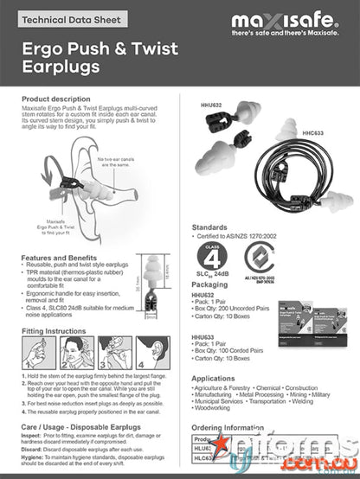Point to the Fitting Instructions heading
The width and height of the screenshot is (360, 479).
[54, 330]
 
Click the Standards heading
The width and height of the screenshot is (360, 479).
[209, 227]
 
